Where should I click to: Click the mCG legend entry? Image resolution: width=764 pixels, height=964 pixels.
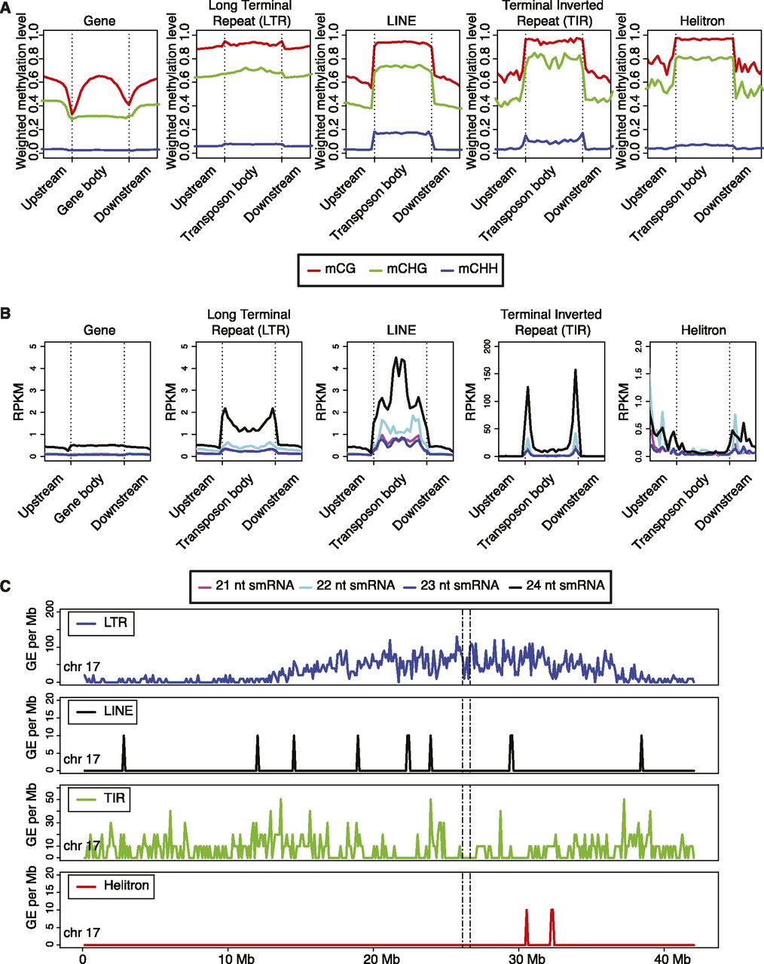[x=328, y=269]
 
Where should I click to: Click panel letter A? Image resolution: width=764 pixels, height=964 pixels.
[x=7, y=6]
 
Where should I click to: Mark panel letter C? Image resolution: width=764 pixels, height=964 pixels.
[x=7, y=583]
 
